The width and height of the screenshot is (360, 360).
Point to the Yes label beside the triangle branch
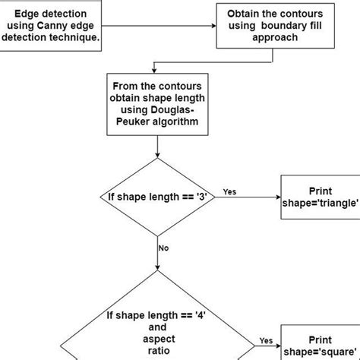229,191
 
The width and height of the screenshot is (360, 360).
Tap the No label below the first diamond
163,248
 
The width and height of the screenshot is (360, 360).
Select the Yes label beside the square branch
267,340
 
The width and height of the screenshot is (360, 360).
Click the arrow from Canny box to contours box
159,26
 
